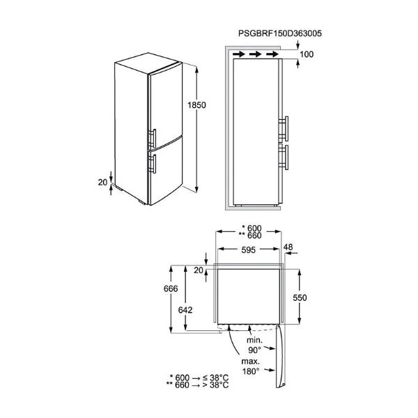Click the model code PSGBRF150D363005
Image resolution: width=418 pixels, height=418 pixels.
[x=280, y=33]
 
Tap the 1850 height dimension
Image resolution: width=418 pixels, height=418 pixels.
[x=196, y=105]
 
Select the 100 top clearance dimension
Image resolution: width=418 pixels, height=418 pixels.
[x=307, y=54]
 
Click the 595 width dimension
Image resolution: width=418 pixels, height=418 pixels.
[x=249, y=250]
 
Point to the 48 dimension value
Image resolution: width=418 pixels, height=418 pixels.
[x=288, y=247]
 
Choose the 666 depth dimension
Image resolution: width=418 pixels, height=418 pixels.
[x=171, y=288]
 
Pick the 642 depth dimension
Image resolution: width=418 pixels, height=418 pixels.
[x=185, y=310]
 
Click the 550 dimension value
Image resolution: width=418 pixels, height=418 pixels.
[x=300, y=297]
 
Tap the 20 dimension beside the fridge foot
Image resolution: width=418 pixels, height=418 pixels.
[x=102, y=183]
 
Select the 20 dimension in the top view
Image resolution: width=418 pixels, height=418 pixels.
[x=199, y=270]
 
